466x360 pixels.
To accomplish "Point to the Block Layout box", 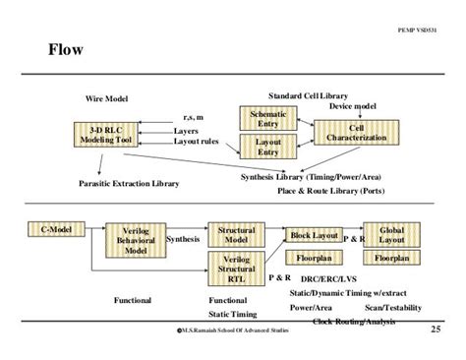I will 314,235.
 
